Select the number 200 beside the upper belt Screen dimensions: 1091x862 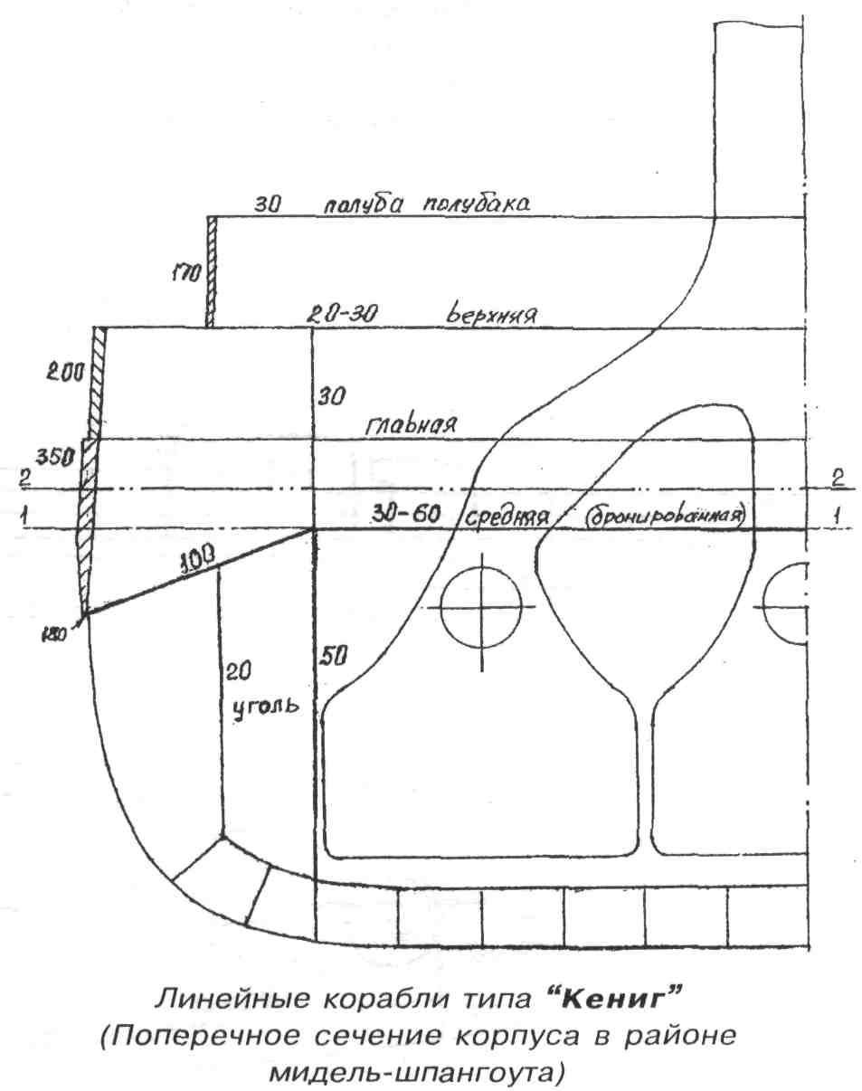pos(66,372)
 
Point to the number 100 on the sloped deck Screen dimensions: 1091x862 pos(199,561)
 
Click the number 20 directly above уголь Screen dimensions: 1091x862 pos(238,670)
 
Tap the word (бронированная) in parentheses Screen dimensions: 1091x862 pos(664,517)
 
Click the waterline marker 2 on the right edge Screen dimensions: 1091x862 pos(838,476)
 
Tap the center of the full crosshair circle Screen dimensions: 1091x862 pos(482,606)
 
